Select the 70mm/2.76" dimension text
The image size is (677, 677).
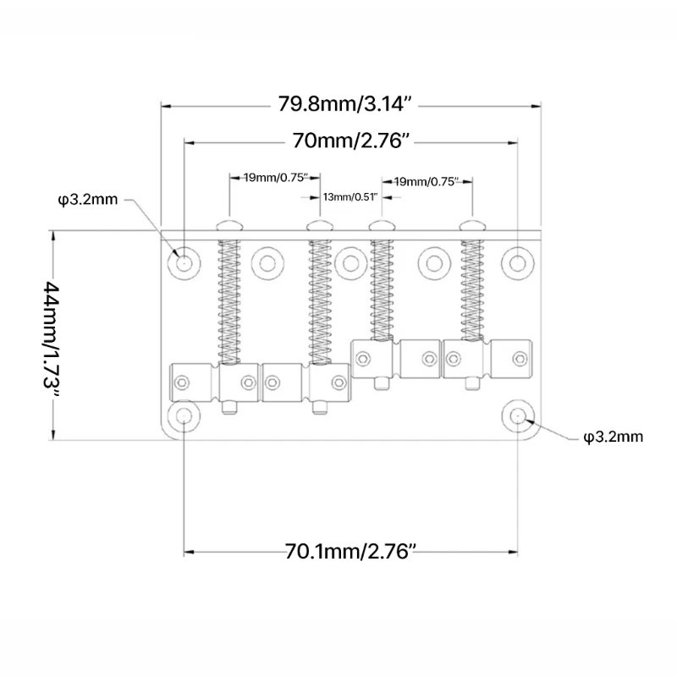(x=352, y=140)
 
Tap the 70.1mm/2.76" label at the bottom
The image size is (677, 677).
(x=351, y=553)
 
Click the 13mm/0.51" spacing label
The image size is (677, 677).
(x=349, y=197)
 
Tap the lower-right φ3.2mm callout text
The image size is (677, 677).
(x=613, y=437)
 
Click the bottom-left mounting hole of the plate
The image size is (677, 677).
(x=184, y=416)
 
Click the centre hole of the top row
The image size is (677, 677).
(x=350, y=261)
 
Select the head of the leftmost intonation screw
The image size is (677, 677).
(x=228, y=225)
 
